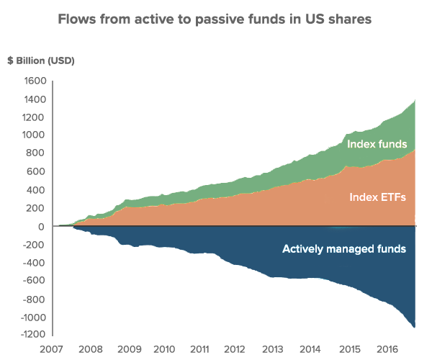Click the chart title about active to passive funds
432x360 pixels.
point(215,19)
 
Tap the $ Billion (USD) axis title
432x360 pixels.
point(40,60)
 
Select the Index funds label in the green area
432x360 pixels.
point(377,144)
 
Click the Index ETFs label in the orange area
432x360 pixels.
point(378,197)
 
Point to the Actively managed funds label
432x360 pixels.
point(344,249)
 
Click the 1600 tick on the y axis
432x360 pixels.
point(34,81)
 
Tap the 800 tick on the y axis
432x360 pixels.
point(37,153)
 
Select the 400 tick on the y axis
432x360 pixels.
point(37,190)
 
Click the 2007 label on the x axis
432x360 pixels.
point(51,349)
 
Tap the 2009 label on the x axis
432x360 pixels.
point(128,349)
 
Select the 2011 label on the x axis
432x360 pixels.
point(199,349)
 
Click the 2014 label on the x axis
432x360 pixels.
point(310,349)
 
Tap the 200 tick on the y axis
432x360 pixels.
point(37,208)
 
